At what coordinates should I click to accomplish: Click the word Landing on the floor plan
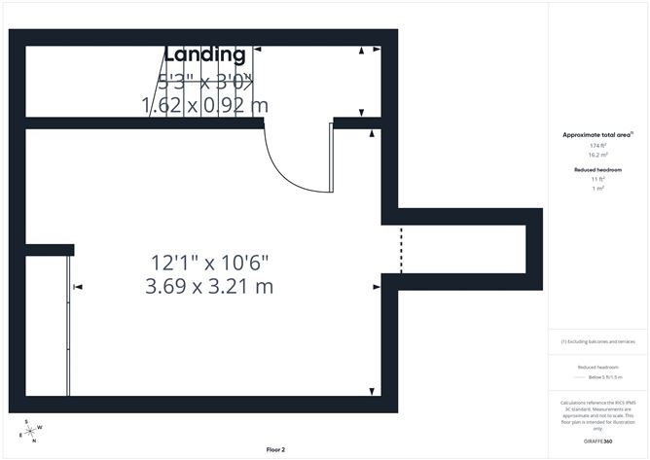204,55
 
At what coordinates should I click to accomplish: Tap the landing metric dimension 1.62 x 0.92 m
204,105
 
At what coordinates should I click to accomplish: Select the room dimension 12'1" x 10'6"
209,263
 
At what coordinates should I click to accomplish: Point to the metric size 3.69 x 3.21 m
209,286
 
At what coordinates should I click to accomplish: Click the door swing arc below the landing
287,170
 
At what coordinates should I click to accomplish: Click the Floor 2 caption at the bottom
276,449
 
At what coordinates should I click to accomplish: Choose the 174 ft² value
598,145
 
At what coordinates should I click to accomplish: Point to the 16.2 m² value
598,155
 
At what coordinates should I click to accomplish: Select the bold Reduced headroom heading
598,169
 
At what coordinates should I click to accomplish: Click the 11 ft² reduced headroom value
598,179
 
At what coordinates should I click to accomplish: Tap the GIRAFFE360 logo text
597,442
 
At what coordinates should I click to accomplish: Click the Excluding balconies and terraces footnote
598,342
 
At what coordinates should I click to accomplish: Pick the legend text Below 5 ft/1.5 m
598,376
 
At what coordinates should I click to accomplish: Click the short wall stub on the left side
49,250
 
